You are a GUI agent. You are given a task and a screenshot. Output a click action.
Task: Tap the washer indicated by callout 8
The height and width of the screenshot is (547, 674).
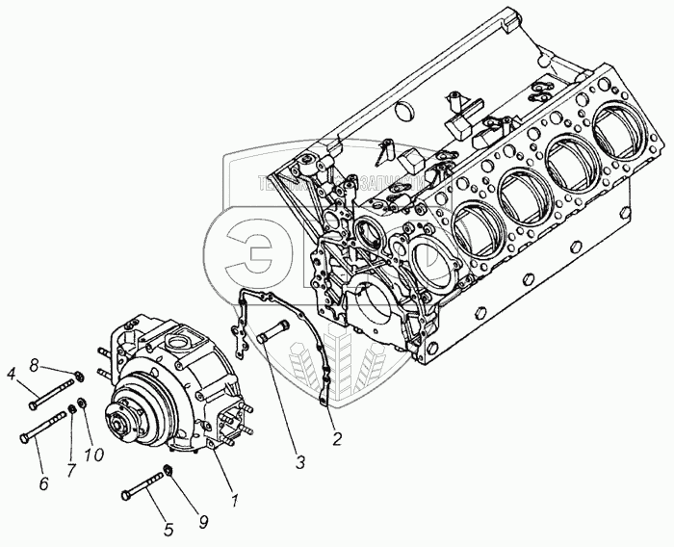78,375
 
